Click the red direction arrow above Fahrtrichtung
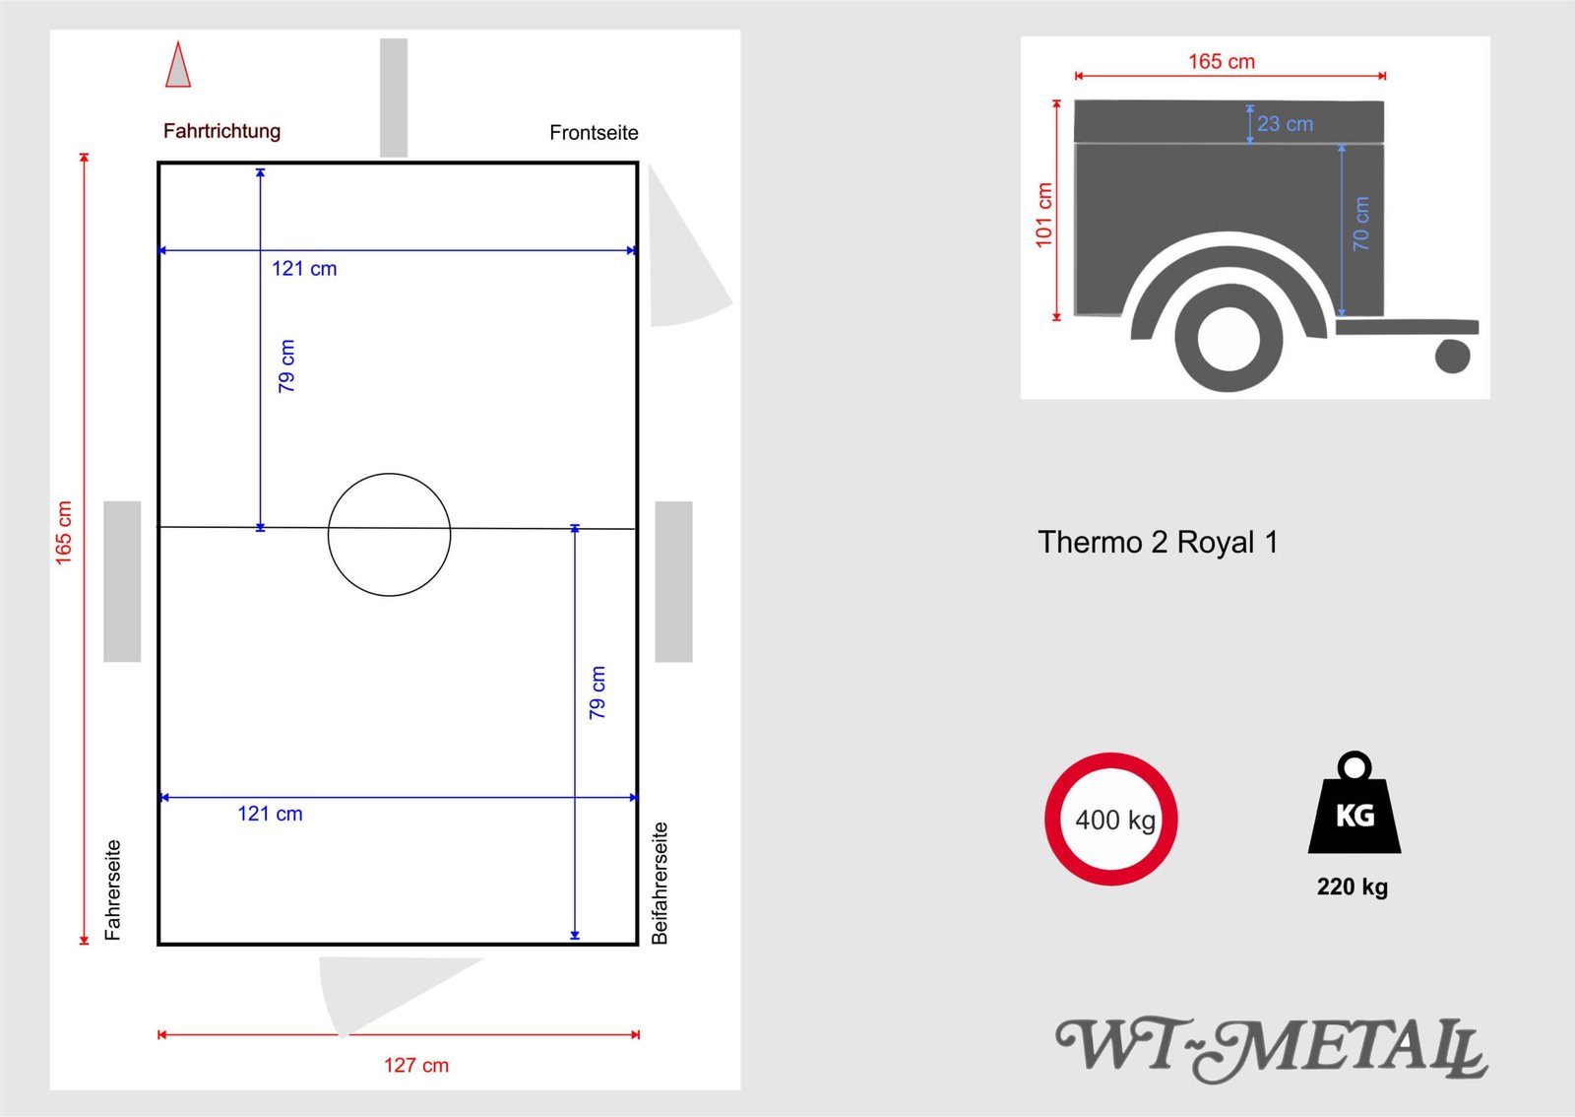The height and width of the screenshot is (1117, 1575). [178, 65]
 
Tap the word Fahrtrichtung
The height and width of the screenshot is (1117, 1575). [221, 131]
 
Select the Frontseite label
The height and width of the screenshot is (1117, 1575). [594, 132]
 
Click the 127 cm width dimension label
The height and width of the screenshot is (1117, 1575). [416, 1065]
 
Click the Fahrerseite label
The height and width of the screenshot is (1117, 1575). [112, 889]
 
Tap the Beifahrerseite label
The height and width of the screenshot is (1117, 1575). [659, 883]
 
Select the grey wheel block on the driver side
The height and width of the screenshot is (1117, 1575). [122, 581]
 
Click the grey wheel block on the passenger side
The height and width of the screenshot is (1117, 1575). [673, 581]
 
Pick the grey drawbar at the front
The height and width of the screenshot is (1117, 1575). [394, 98]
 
